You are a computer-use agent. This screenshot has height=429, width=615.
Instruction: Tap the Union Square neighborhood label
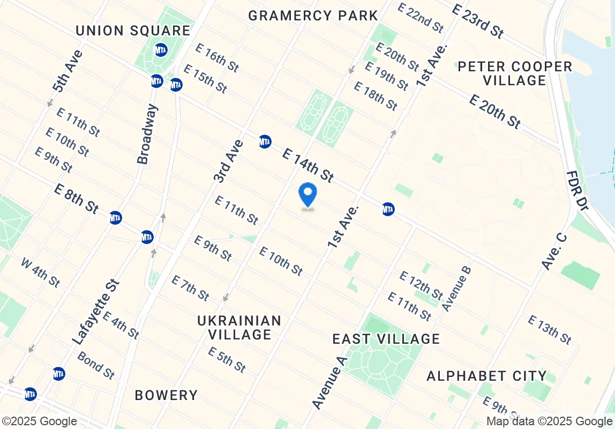pos(133,31)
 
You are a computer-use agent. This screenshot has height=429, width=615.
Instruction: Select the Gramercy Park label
pos(313,16)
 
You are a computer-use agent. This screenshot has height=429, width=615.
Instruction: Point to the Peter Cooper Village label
pos(515,74)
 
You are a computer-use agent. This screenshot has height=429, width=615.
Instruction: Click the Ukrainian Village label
pos(239,328)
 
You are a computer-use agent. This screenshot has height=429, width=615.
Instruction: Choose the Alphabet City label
pos(486,376)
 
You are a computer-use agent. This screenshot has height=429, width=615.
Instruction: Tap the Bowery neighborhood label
pos(166,396)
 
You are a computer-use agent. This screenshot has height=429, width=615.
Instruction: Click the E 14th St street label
pos(307,165)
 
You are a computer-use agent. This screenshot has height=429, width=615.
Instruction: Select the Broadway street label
pos(147,134)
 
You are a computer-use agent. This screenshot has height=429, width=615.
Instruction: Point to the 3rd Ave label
pos(228,161)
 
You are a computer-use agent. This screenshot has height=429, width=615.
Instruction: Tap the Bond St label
pos(96,365)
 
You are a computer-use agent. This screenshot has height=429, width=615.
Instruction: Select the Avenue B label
pos(457,289)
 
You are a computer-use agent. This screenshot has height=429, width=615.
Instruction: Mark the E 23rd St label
pos(477,21)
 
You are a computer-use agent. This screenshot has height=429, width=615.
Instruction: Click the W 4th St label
pos(40,272)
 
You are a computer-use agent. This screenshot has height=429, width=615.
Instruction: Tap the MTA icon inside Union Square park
pos(161,50)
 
